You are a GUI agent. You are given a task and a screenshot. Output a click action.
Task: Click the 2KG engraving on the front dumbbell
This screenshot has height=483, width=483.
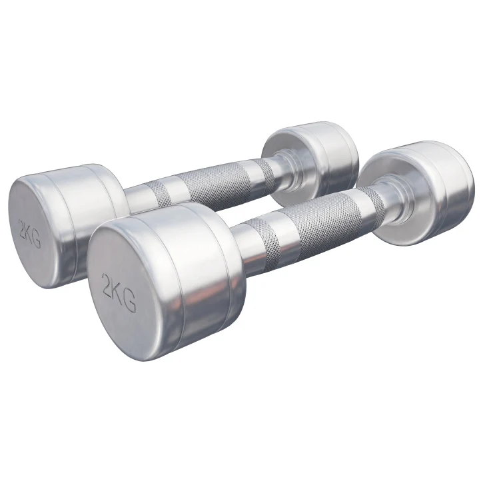pyautogui.click(x=119, y=292)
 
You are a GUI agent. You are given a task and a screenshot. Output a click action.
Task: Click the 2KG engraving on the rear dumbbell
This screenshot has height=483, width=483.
pyautogui.click(x=29, y=234)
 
